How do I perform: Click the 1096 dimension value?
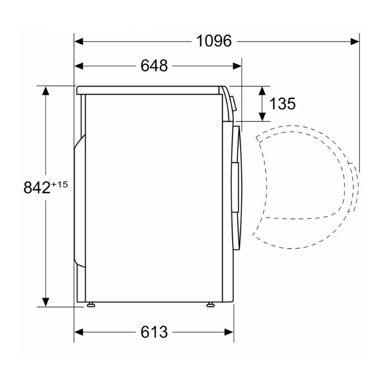(x=214, y=41)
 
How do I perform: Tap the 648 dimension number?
(x=154, y=66)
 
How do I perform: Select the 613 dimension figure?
(x=154, y=332)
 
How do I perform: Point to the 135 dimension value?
(x=282, y=103)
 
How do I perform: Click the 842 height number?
(x=37, y=188)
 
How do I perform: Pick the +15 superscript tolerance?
(x=59, y=184)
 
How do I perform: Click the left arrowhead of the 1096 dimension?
(x=78, y=41)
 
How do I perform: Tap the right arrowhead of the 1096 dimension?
(x=355, y=41)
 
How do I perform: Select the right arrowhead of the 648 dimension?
(x=237, y=66)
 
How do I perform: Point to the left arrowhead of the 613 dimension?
(x=78, y=333)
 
